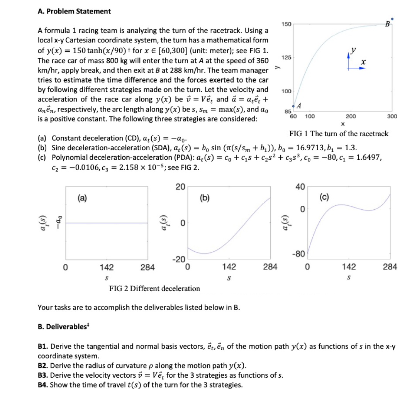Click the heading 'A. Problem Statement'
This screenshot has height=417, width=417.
pyautogui.click(x=74, y=11)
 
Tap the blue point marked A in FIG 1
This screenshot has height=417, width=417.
pyautogui.click(x=294, y=106)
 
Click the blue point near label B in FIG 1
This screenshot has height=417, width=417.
pyautogui.click(x=392, y=19)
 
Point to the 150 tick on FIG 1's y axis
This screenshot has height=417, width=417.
pyautogui.click(x=286, y=24)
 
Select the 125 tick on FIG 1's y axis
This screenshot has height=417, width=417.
pyautogui.click(x=286, y=58)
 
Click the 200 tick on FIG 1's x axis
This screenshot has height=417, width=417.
pyautogui.click(x=351, y=116)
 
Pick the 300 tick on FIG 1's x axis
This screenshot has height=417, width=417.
pyautogui.click(x=392, y=116)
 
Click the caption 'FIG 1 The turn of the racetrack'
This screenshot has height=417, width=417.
pyautogui.click(x=339, y=134)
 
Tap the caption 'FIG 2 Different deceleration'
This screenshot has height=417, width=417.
pyautogui.click(x=154, y=288)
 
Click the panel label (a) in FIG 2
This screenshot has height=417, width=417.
pyautogui.click(x=82, y=198)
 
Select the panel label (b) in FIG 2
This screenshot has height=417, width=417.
pyautogui.click(x=205, y=198)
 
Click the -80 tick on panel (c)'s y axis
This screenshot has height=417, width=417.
pyautogui.click(x=299, y=254)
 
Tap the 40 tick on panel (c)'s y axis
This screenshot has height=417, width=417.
pyautogui.click(x=300, y=187)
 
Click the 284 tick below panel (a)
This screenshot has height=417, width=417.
pyautogui.click(x=147, y=267)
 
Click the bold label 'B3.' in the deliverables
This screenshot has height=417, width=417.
pyautogui.click(x=44, y=375)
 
